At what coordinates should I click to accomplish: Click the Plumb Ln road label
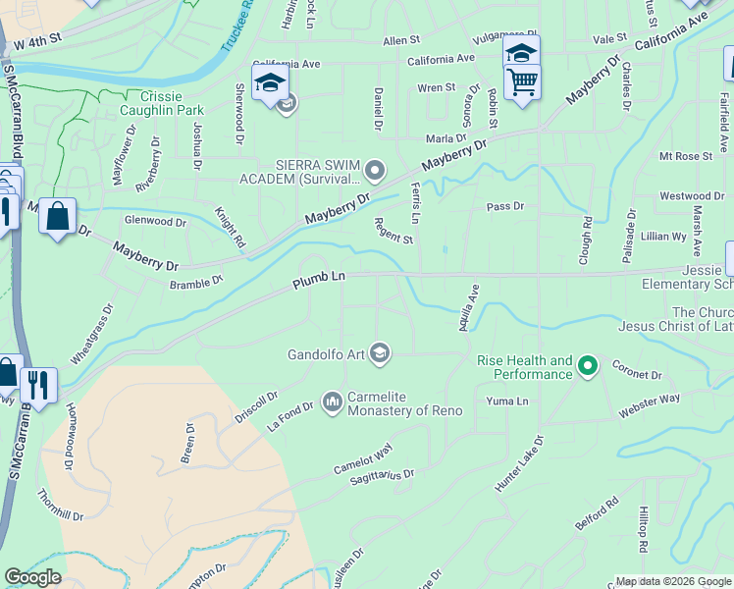319,280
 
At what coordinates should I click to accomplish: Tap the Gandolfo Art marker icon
381,353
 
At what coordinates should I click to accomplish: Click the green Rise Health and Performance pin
588,367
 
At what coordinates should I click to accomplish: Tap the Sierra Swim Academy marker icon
374,172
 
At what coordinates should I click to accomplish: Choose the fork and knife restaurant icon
38,385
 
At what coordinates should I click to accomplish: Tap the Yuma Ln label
507,402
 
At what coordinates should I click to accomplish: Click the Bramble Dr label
196,280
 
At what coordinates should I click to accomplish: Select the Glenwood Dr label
155,223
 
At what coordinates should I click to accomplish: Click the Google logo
32,577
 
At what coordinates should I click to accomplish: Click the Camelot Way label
362,455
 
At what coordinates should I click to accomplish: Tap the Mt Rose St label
685,156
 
